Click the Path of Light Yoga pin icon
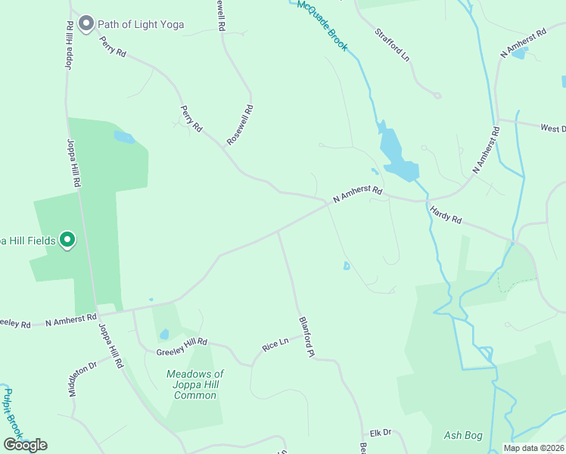(86, 23)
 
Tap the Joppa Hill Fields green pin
(67, 241)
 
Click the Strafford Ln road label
(393, 45)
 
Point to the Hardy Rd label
(446, 215)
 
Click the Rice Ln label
(275, 344)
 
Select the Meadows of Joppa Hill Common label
(195, 384)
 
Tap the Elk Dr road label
(380, 432)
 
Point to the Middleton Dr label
(83, 378)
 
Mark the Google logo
(25, 445)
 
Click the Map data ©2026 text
(533, 448)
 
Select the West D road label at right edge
(552, 129)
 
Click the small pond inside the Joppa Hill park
(124, 138)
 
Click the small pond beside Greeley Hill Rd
(164, 334)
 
